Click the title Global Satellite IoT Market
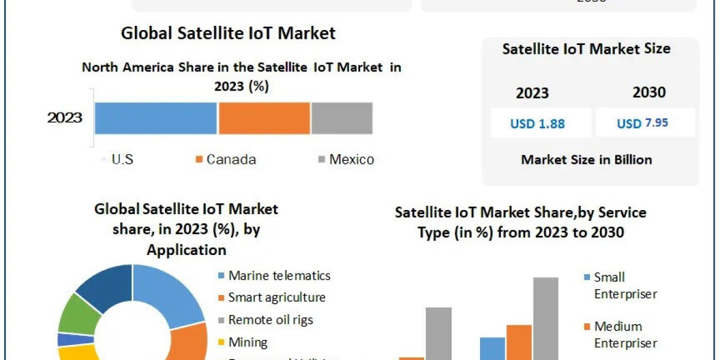[228, 32]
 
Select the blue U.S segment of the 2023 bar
[155, 118]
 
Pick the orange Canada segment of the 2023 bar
[264, 118]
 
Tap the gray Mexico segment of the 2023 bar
[341, 118]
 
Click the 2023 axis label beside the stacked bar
[65, 118]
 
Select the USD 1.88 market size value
[538, 124]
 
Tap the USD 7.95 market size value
[643, 124]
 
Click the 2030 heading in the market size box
[649, 92]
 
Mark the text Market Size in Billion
[586, 160]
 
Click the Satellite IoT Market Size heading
[586, 49]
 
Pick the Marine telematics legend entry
[279, 276]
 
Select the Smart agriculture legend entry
[277, 298]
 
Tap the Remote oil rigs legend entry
[271, 320]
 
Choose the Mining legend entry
[247, 343]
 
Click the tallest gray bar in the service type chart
[545, 318]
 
